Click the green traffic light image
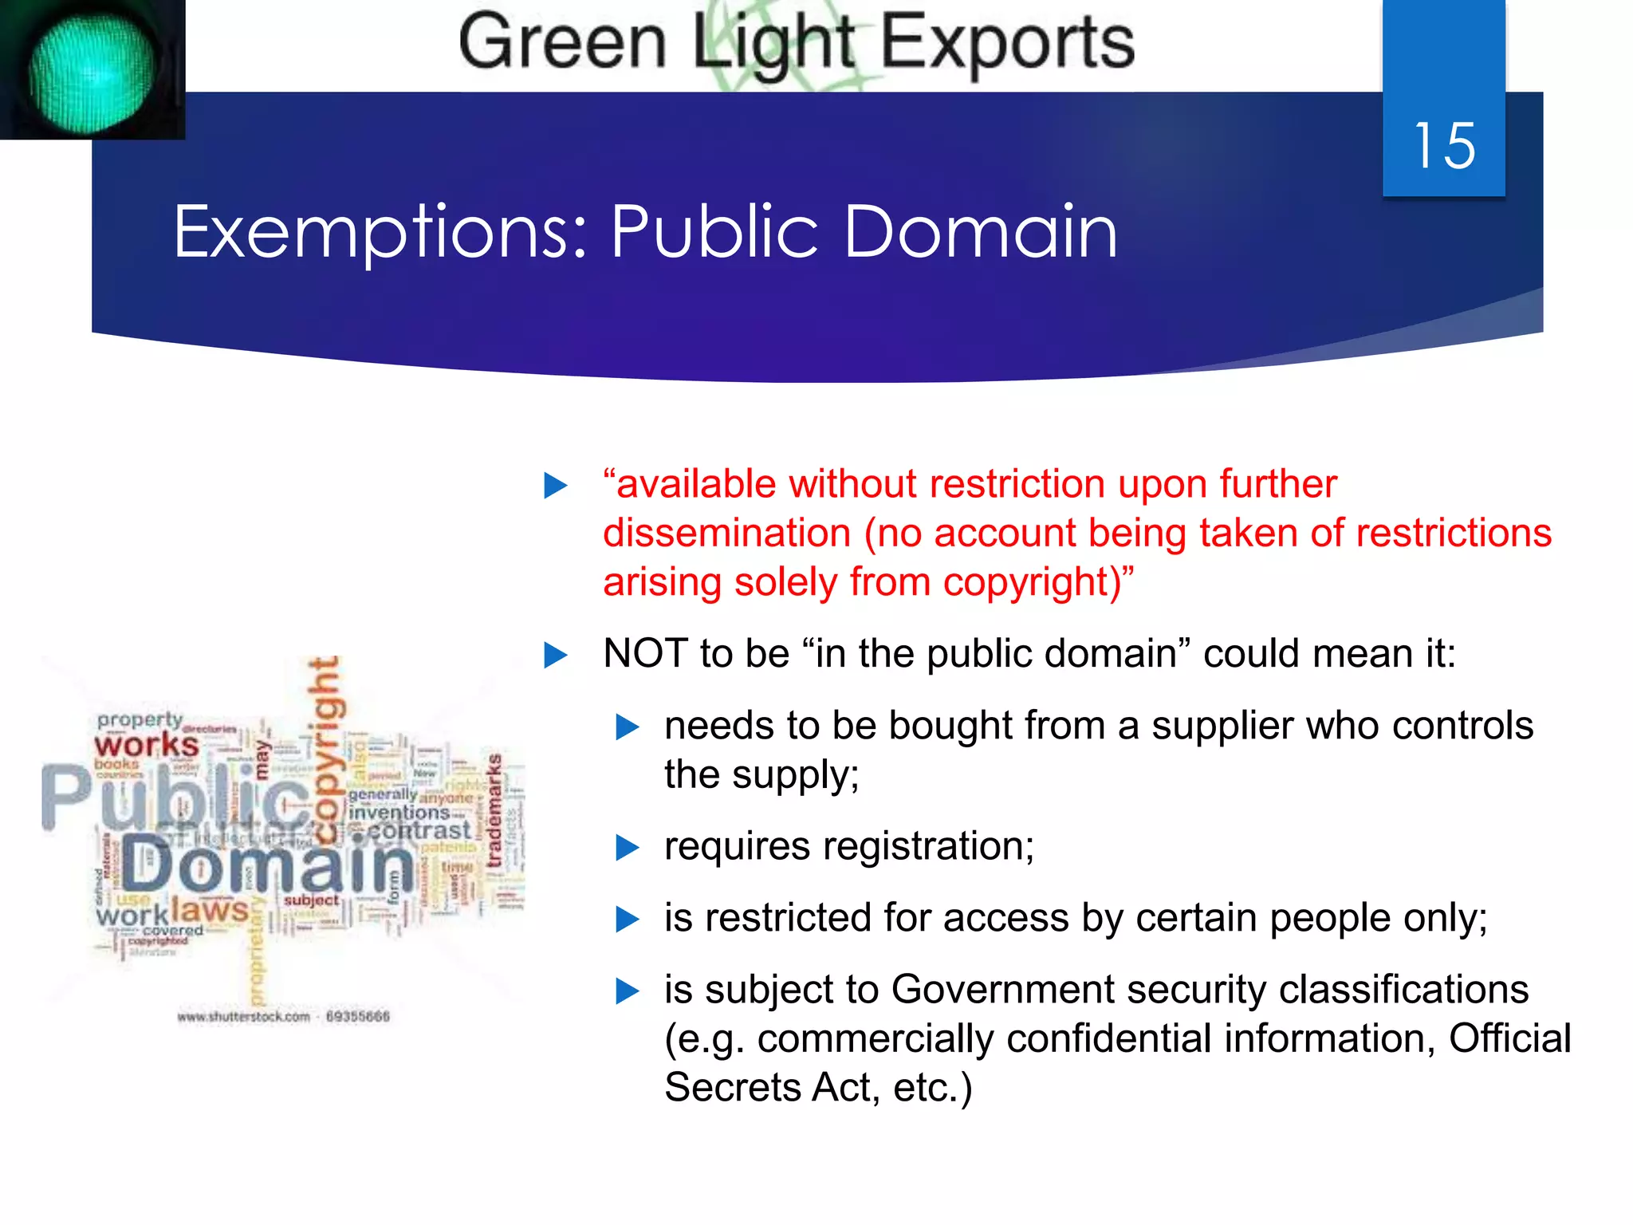[x=91, y=70]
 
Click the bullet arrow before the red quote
[x=555, y=485]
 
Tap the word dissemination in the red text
[x=726, y=533]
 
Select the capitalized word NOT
[x=645, y=653]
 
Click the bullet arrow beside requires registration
[x=628, y=847]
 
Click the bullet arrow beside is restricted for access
[x=628, y=919]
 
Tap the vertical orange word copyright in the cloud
[x=326, y=750]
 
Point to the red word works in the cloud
[x=147, y=745]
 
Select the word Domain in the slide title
[x=980, y=232]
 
